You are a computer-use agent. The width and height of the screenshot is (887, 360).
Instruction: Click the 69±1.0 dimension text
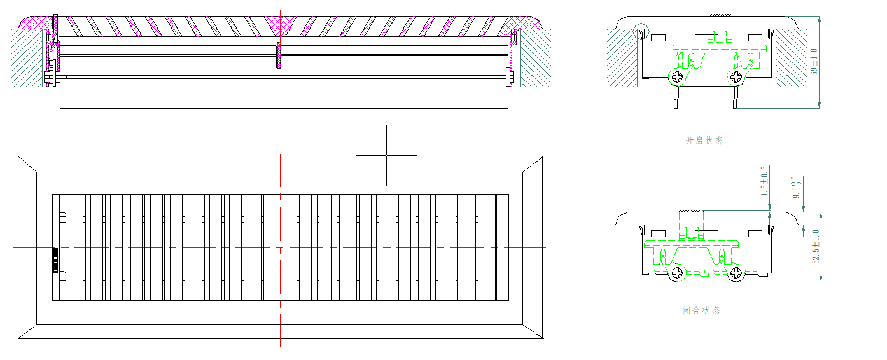tap(814, 62)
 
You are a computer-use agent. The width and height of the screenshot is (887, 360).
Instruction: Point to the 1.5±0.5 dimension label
tap(764, 180)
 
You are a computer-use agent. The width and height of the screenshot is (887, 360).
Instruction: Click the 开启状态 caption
tap(704, 141)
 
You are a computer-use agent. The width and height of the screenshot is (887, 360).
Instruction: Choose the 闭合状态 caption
tap(701, 310)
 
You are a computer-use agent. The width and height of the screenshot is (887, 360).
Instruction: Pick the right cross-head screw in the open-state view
tap(737, 78)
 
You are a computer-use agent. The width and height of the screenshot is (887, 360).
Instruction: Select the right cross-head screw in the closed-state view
tap(737, 273)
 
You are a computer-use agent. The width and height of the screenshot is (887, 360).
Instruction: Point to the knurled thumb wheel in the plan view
tap(56, 260)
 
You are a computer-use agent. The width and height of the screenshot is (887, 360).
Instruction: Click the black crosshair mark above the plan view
tap(386, 155)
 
